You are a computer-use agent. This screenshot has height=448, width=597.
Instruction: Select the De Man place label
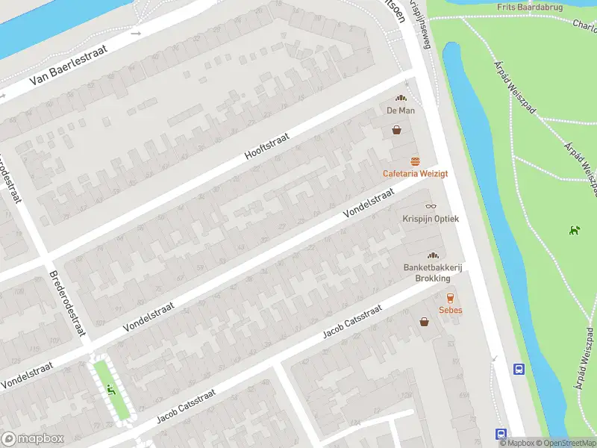tap(400, 111)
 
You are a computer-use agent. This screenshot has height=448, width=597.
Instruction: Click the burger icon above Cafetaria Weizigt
tap(415, 161)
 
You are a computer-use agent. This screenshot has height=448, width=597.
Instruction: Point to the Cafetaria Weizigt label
tap(415, 173)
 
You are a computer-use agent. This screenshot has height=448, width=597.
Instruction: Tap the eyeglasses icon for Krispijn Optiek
tap(431, 206)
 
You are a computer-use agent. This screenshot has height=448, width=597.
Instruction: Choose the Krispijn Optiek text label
tap(431, 219)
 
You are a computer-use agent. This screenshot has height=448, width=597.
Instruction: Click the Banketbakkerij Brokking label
tap(427, 273)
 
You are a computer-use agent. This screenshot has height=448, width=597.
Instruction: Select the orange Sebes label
tap(450, 310)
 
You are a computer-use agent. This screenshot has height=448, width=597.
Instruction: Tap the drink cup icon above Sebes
tap(450, 298)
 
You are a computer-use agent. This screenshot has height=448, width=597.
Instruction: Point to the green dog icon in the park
tap(574, 229)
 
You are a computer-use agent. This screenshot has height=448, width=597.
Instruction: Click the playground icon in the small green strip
tap(110, 388)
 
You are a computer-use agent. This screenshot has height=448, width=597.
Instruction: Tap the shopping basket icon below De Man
tap(397, 130)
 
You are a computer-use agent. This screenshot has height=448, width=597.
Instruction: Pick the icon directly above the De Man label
tap(401, 98)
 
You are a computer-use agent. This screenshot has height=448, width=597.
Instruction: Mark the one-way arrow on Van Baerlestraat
tap(135, 33)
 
